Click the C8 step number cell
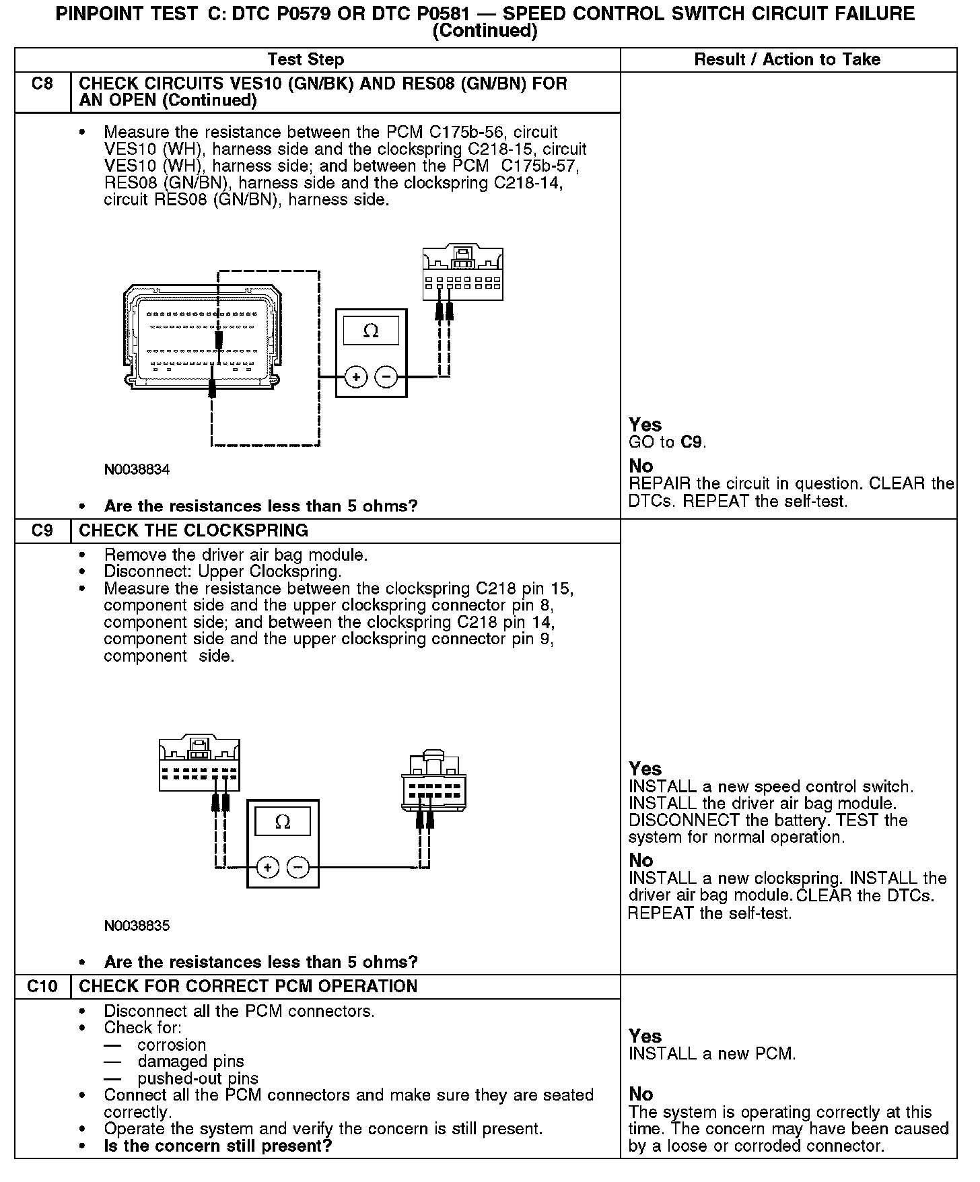[42, 85]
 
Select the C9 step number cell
[42, 530]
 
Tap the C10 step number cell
[42, 986]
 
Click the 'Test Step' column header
[306, 59]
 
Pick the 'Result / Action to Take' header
[787, 59]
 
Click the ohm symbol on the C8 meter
[370, 331]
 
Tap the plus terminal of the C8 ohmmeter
[356, 377]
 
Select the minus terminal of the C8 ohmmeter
[386, 377]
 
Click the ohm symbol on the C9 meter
[283, 822]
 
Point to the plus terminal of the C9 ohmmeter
[268, 867]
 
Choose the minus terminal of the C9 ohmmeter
[298, 867]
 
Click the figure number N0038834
[137, 469]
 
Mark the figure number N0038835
[137, 926]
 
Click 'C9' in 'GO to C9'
[692, 442]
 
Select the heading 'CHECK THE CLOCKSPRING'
[193, 530]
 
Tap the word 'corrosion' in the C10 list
[172, 1045]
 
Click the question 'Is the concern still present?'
[218, 1146]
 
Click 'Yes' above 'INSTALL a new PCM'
[645, 1036]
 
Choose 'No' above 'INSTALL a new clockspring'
[641, 860]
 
